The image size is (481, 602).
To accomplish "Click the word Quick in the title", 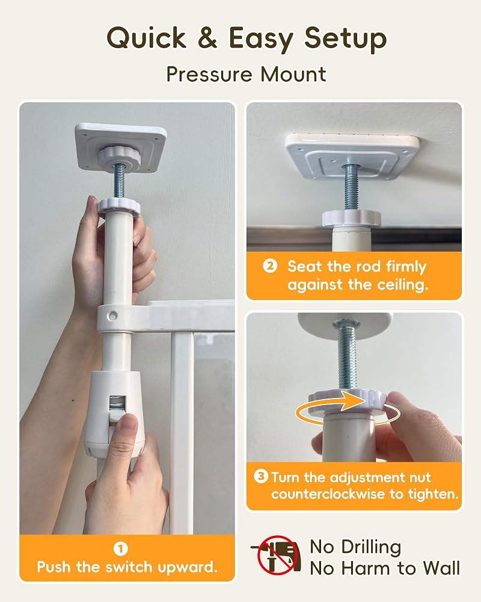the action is click(146, 39).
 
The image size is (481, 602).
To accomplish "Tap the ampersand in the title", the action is click(207, 38).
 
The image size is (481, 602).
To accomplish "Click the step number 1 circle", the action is click(120, 548).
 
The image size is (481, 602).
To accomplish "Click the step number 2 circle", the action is click(269, 266).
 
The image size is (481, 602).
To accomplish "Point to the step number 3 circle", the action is click(261, 477).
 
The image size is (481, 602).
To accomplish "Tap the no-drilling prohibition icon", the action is click(275, 555).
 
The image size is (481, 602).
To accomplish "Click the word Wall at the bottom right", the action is click(441, 568).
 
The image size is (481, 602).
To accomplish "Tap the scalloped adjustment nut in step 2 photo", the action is click(351, 219).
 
